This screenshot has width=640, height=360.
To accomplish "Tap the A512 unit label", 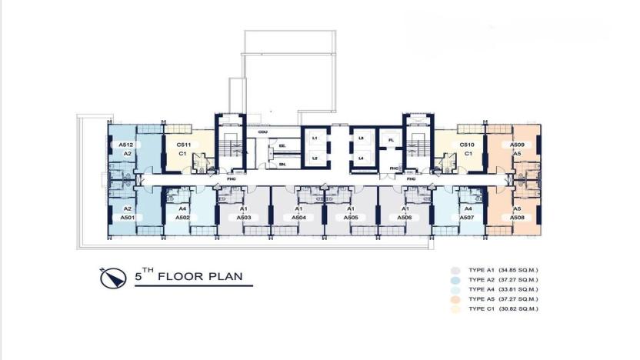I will click(x=127, y=145).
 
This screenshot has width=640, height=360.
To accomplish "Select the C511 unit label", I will click(x=184, y=145).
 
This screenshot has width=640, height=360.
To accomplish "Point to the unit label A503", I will click(x=244, y=218).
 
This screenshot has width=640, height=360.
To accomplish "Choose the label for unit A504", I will click(x=298, y=218).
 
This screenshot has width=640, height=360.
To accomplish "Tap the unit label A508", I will click(x=518, y=218).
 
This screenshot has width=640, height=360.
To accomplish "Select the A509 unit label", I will click(x=518, y=145).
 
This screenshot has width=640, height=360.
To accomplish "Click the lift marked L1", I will click(x=315, y=138).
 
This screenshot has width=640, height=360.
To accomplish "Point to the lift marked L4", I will click(x=360, y=158).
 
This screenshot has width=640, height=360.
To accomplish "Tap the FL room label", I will click(x=391, y=140).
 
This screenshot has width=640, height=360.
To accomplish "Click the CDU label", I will click(x=262, y=132).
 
